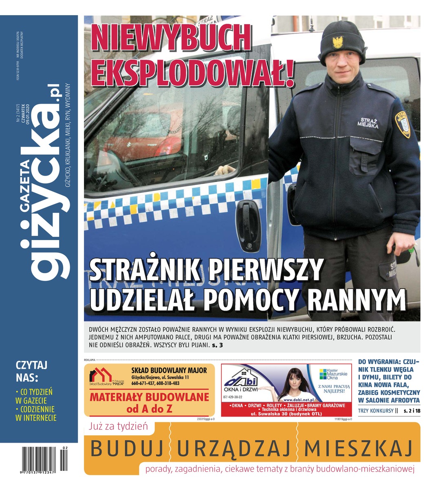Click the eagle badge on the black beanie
pyautogui.click(x=337, y=42)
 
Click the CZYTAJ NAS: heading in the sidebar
pyautogui.click(x=32, y=370)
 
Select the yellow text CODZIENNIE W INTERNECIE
pyautogui.click(x=35, y=413)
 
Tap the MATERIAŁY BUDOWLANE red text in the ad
pyautogui.click(x=149, y=397)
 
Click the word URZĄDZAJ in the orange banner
pyautogui.click(x=234, y=448)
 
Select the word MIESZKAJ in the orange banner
pyautogui.click(x=358, y=448)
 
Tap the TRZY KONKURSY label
pyautogui.click(x=375, y=410)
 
